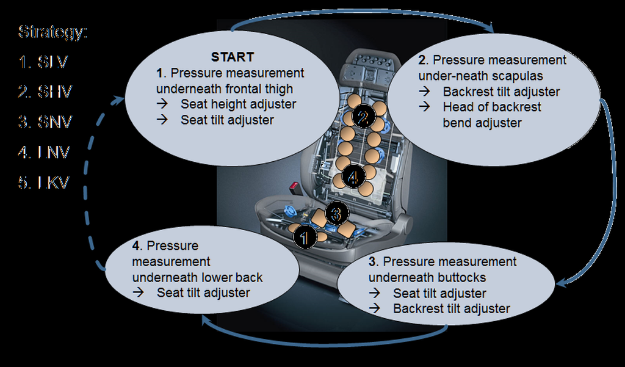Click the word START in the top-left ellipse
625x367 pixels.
click(x=232, y=57)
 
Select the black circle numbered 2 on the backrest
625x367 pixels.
click(x=362, y=117)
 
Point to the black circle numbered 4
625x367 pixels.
click(x=353, y=177)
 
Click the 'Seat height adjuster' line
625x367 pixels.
click(x=238, y=104)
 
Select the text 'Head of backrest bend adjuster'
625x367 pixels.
click(x=491, y=115)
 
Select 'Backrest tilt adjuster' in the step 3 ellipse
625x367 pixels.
click(x=451, y=308)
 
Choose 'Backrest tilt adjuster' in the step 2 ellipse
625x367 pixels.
click(x=501, y=92)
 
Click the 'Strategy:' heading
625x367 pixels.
click(x=53, y=32)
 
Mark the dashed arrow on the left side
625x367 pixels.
click(x=92, y=183)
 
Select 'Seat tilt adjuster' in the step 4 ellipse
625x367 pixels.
click(x=203, y=293)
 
